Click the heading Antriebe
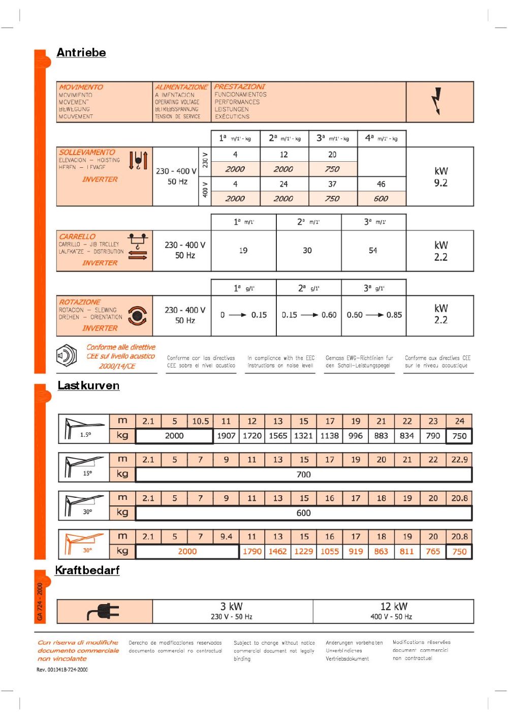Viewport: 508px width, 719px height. coord(81,52)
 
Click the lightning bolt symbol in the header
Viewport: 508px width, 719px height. coord(436,101)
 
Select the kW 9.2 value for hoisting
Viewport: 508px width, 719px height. coord(440,177)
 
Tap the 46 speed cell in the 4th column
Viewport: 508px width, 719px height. coord(381,184)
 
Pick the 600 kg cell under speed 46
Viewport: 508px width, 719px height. coord(381,199)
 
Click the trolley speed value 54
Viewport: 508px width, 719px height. coord(373,251)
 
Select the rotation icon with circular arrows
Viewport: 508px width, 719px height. coord(137,316)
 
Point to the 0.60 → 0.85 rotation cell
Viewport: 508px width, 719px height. coord(374,315)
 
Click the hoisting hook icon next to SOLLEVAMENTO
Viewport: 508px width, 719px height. coord(138,160)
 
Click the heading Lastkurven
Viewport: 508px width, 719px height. coord(88,385)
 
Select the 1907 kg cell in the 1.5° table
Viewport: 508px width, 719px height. coord(226,436)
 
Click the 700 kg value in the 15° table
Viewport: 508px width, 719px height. coord(303,474)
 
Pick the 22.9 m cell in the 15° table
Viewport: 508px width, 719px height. coord(459,460)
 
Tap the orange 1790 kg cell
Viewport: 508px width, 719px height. coord(252,551)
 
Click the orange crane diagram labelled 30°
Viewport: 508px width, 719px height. coord(84,543)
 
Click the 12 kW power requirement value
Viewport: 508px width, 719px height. coord(394,607)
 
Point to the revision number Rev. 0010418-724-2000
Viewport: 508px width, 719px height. coord(62,670)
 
